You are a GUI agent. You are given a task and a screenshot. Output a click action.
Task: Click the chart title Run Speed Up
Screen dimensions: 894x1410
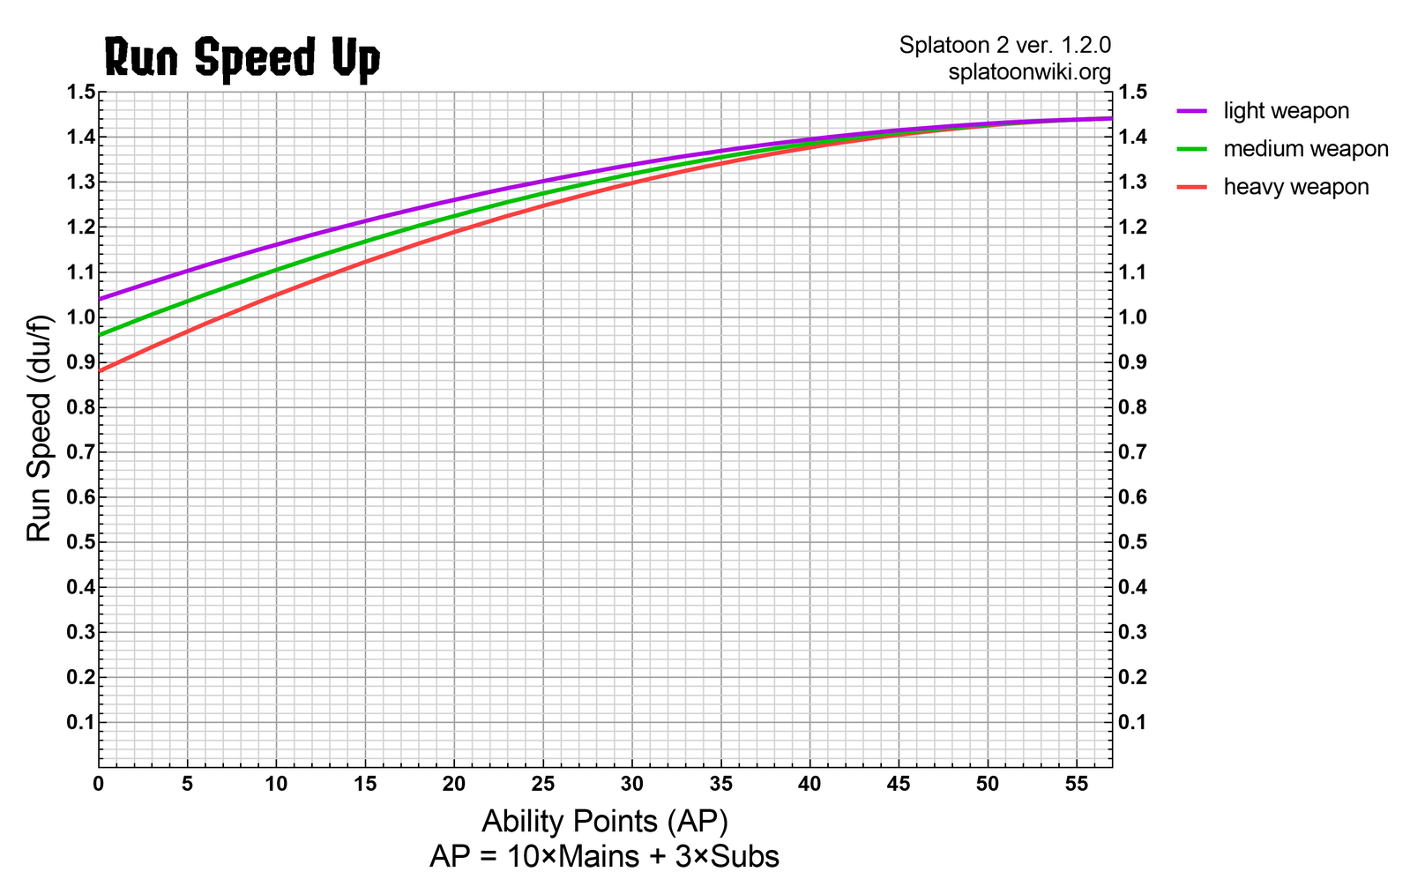pos(242,58)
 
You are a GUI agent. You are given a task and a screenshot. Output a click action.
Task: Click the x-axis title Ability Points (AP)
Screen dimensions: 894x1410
pos(604,822)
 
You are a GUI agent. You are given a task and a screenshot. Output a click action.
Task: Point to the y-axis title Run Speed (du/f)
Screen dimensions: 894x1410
pos(40,428)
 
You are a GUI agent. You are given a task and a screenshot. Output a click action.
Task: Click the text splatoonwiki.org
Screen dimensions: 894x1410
pos(1029,72)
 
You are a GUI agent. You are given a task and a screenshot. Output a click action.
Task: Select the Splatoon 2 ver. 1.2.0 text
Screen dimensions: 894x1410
pos(1004,45)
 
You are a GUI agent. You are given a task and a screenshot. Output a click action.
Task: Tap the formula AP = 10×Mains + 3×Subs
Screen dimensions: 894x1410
pos(604,856)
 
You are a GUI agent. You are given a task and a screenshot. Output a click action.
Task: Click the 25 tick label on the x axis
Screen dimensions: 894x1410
pos(543,783)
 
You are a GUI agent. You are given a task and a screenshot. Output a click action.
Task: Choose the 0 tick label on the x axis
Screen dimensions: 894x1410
pos(99,783)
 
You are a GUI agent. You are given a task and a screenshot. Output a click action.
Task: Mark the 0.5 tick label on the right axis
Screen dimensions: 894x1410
pos(1131,542)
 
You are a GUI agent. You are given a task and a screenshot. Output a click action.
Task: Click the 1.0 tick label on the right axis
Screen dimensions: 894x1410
pos(1131,317)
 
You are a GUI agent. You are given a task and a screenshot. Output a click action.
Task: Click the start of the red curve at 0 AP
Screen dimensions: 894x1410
pos(100,371)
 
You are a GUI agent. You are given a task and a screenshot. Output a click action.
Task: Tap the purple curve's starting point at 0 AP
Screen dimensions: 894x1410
pos(100,299)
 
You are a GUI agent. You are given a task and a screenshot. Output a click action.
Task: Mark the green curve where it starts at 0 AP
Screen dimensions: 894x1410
pos(100,335)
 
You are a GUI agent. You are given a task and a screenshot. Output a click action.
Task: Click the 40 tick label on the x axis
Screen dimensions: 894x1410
pos(809,783)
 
